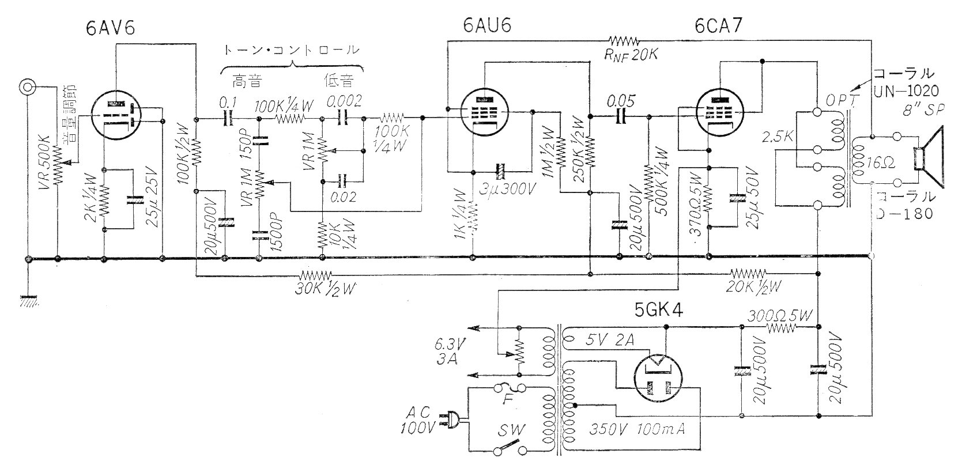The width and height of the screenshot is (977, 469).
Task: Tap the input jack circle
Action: [x=27, y=87]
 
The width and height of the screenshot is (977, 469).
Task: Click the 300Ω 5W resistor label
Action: [x=780, y=315]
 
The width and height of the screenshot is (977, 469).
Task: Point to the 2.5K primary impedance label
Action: [x=776, y=138]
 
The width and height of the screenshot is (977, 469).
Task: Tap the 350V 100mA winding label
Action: [x=636, y=429]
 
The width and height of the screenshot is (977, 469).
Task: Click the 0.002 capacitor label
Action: [x=344, y=102]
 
